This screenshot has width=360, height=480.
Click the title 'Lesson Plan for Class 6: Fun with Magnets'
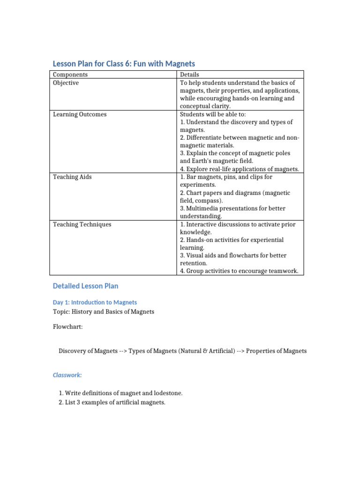click(123, 63)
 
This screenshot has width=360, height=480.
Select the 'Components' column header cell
click(70, 75)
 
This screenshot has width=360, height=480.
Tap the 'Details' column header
click(189, 75)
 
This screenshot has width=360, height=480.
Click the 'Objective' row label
click(66, 83)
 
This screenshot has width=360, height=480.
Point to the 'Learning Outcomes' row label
click(79, 114)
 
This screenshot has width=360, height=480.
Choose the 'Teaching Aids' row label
click(72, 177)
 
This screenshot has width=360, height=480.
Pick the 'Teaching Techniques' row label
click(82, 225)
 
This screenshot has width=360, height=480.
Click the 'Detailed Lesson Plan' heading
click(85, 285)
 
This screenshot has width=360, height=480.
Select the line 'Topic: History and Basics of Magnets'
click(103, 312)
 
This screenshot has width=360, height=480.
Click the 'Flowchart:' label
click(67, 327)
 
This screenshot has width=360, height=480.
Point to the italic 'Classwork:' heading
click(67, 375)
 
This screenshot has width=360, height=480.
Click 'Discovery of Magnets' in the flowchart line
click(88, 351)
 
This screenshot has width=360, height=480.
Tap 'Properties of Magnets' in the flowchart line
click(276, 351)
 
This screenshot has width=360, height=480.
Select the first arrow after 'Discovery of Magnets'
click(123, 351)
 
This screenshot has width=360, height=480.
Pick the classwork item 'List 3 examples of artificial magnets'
click(115, 403)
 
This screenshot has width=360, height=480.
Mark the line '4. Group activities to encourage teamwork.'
click(239, 271)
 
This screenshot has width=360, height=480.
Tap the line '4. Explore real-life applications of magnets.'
click(239, 169)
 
